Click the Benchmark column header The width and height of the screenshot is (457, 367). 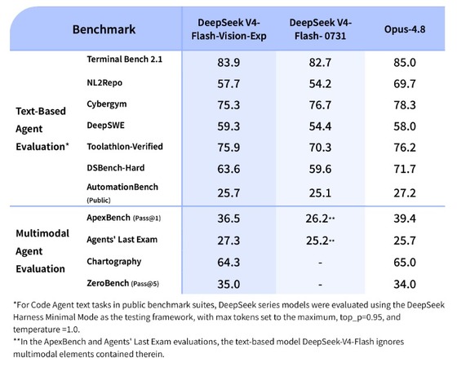[104, 29]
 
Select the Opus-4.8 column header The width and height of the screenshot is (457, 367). [405, 29]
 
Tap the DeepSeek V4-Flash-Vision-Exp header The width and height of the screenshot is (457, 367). [228, 29]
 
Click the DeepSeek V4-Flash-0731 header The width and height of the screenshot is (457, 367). [320, 29]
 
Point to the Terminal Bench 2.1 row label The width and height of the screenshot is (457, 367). [124, 59]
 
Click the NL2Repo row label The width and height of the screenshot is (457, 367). [104, 82]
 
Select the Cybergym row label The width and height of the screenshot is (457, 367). [107, 104]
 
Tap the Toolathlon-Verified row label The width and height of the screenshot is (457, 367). [125, 147]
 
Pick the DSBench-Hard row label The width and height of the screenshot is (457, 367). [116, 168]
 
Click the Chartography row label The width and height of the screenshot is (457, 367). [114, 262]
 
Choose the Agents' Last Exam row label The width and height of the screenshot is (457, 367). [122, 240]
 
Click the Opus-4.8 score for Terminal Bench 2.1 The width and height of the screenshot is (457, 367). [405, 62]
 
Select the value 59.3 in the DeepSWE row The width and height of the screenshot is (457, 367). [228, 126]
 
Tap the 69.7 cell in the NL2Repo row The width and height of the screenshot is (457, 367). [405, 84]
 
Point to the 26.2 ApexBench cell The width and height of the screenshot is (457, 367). [317, 219]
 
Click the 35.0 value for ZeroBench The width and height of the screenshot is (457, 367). [228, 284]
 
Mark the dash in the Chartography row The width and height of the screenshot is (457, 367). [320, 263]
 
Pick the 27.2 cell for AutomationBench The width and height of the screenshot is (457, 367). [405, 192]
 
